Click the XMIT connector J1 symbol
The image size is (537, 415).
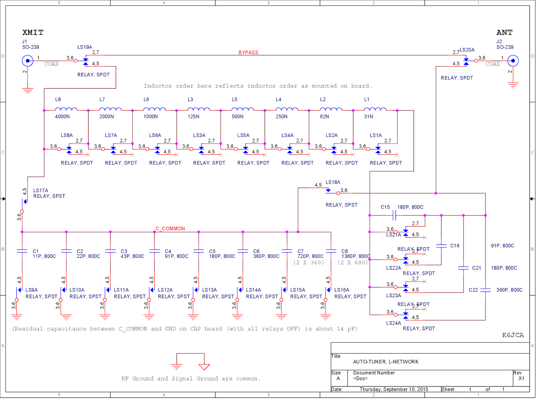[x=28, y=61]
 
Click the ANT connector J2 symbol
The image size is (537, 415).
[x=513, y=61]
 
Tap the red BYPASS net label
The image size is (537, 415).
[x=248, y=52]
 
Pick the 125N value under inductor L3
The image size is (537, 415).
[x=193, y=117]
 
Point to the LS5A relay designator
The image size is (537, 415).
[x=243, y=135]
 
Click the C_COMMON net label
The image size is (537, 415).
[x=170, y=229]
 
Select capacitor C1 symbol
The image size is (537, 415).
[x=22, y=251]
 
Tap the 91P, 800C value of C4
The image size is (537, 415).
[x=177, y=256]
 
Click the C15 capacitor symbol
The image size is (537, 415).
[x=394, y=216]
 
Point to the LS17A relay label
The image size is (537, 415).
[x=41, y=190]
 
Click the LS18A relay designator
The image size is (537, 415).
[x=333, y=182]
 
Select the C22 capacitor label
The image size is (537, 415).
[x=473, y=290]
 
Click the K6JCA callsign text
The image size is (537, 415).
[x=513, y=335]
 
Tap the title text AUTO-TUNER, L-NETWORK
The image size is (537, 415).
[x=386, y=362]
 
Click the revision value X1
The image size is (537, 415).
[x=521, y=378]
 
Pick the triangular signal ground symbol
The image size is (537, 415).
[x=204, y=367]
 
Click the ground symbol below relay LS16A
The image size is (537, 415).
[x=325, y=317]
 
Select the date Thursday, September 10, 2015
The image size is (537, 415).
[x=394, y=389]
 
